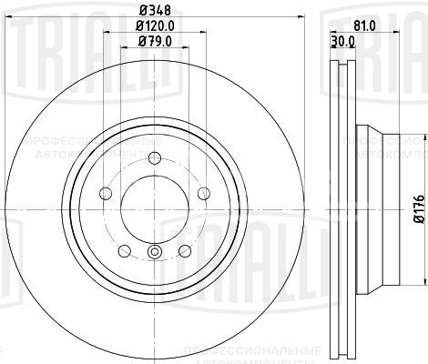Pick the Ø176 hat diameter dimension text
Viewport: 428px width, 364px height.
(418, 208)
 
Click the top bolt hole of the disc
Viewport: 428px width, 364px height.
(153, 168)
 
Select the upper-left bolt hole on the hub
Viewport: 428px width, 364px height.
(105, 192)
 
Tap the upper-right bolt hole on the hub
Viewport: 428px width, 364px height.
(201, 192)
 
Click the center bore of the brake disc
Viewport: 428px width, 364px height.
(153, 208)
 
